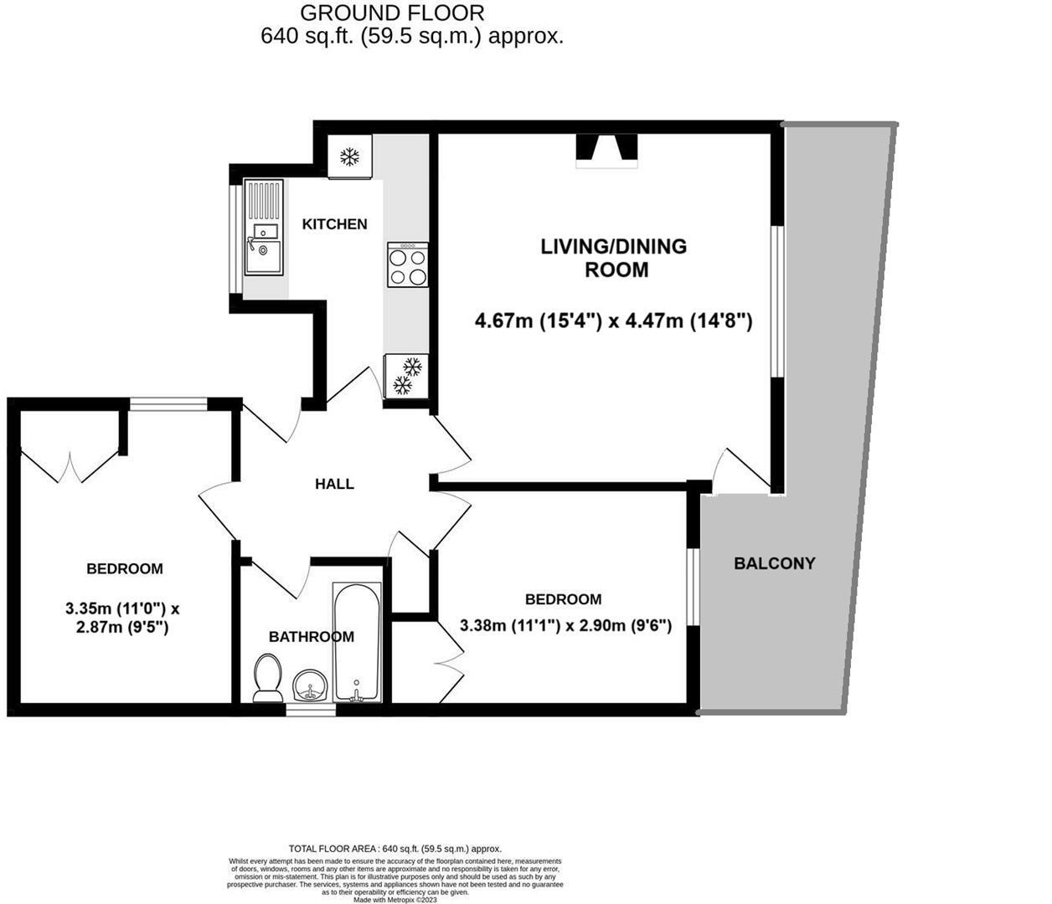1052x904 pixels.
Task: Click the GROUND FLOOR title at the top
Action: (x=392, y=13)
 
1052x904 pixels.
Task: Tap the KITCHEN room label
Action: (x=334, y=224)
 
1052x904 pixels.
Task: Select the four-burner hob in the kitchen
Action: (x=408, y=265)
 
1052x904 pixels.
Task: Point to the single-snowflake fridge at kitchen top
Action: (x=349, y=157)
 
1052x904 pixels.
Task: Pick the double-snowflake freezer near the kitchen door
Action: (x=406, y=376)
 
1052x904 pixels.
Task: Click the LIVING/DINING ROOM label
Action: (x=613, y=258)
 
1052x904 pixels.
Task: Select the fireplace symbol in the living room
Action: (x=607, y=151)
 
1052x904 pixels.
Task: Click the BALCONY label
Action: (x=774, y=563)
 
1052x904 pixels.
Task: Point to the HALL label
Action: (x=334, y=484)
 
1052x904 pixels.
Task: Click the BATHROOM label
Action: (x=311, y=637)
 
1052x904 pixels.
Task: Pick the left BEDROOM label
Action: (x=125, y=569)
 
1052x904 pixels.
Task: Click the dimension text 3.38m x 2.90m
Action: (x=565, y=625)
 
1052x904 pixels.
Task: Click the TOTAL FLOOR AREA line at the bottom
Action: (x=394, y=849)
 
